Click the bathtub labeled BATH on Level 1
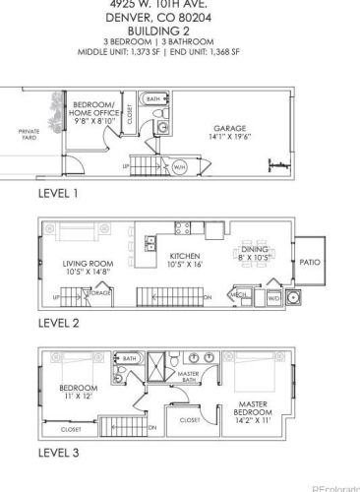154,99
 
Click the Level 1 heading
58,194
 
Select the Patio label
311,263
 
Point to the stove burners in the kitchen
183,228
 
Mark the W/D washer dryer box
274,293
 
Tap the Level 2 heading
58,323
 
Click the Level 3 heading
58,452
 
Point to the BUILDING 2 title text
179,32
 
